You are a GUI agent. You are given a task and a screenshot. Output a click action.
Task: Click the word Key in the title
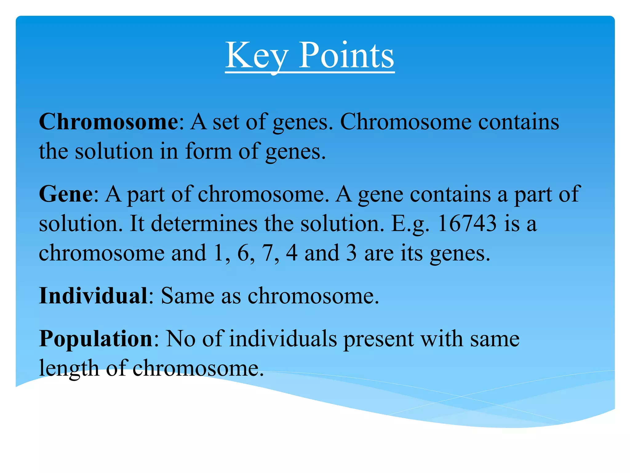coord(257,55)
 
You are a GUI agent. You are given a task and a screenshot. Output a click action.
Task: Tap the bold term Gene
coord(66,194)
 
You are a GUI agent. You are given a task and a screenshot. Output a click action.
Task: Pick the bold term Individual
coord(93,296)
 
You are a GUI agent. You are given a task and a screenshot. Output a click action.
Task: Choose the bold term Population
coord(96,339)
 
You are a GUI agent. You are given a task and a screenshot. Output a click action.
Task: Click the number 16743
coord(466,223)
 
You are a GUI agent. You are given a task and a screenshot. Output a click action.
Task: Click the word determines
coord(204,223)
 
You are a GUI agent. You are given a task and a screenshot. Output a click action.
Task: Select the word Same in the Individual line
coord(187,296)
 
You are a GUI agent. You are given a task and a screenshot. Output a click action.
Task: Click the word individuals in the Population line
coord(283,339)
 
